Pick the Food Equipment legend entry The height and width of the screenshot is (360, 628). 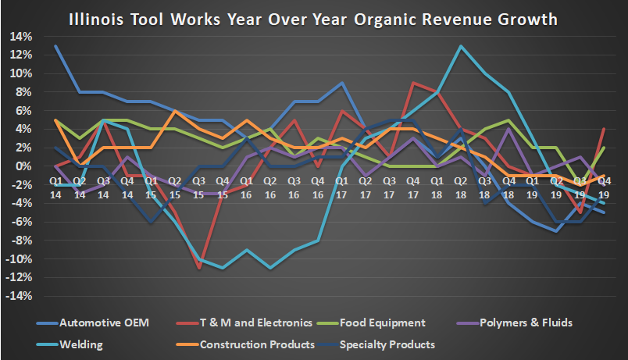pos(391,323)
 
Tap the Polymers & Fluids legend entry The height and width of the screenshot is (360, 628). pos(524,323)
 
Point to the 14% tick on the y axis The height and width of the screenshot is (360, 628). pos(21,36)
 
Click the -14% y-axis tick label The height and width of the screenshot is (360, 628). pos(19,297)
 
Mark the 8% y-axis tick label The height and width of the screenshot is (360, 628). pos(23,92)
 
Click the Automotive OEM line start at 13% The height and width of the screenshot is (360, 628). pos(56,46)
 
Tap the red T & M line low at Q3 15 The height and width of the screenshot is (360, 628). pos(199,269)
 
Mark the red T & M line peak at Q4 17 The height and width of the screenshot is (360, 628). pos(414,83)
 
